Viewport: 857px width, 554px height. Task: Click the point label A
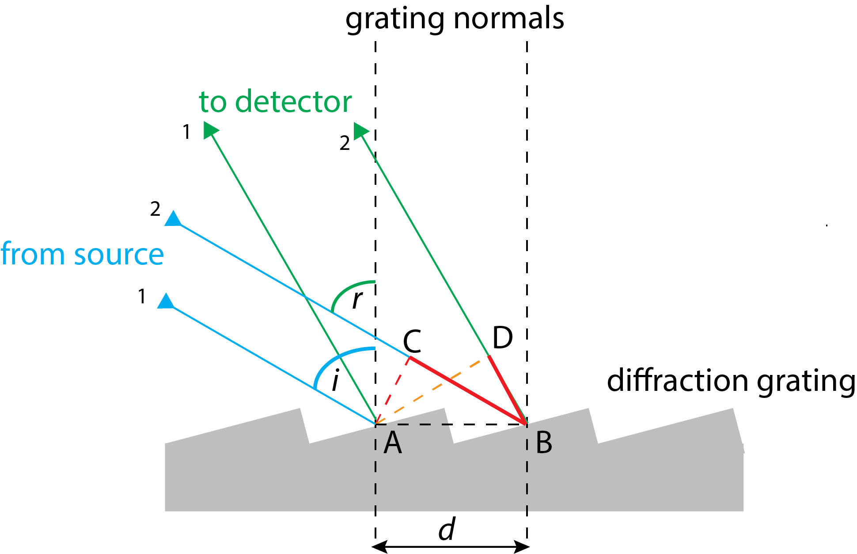pos(393,443)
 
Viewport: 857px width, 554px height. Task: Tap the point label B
pos(544,443)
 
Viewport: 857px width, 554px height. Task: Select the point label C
pos(412,341)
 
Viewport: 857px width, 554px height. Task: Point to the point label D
pos(502,338)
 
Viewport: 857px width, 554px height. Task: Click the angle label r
pos(357,300)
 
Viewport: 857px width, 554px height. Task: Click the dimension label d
pos(447,529)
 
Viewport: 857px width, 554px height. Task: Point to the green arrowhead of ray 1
pos(210,130)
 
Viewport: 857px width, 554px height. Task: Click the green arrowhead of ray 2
pos(361,131)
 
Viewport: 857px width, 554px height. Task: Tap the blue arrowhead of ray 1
pos(166,302)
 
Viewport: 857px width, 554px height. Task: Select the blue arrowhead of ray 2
pos(173,219)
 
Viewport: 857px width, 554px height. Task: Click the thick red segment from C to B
pos(468,390)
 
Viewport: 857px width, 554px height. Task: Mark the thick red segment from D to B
pos(508,390)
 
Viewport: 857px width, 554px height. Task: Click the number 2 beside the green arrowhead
pos(345,143)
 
